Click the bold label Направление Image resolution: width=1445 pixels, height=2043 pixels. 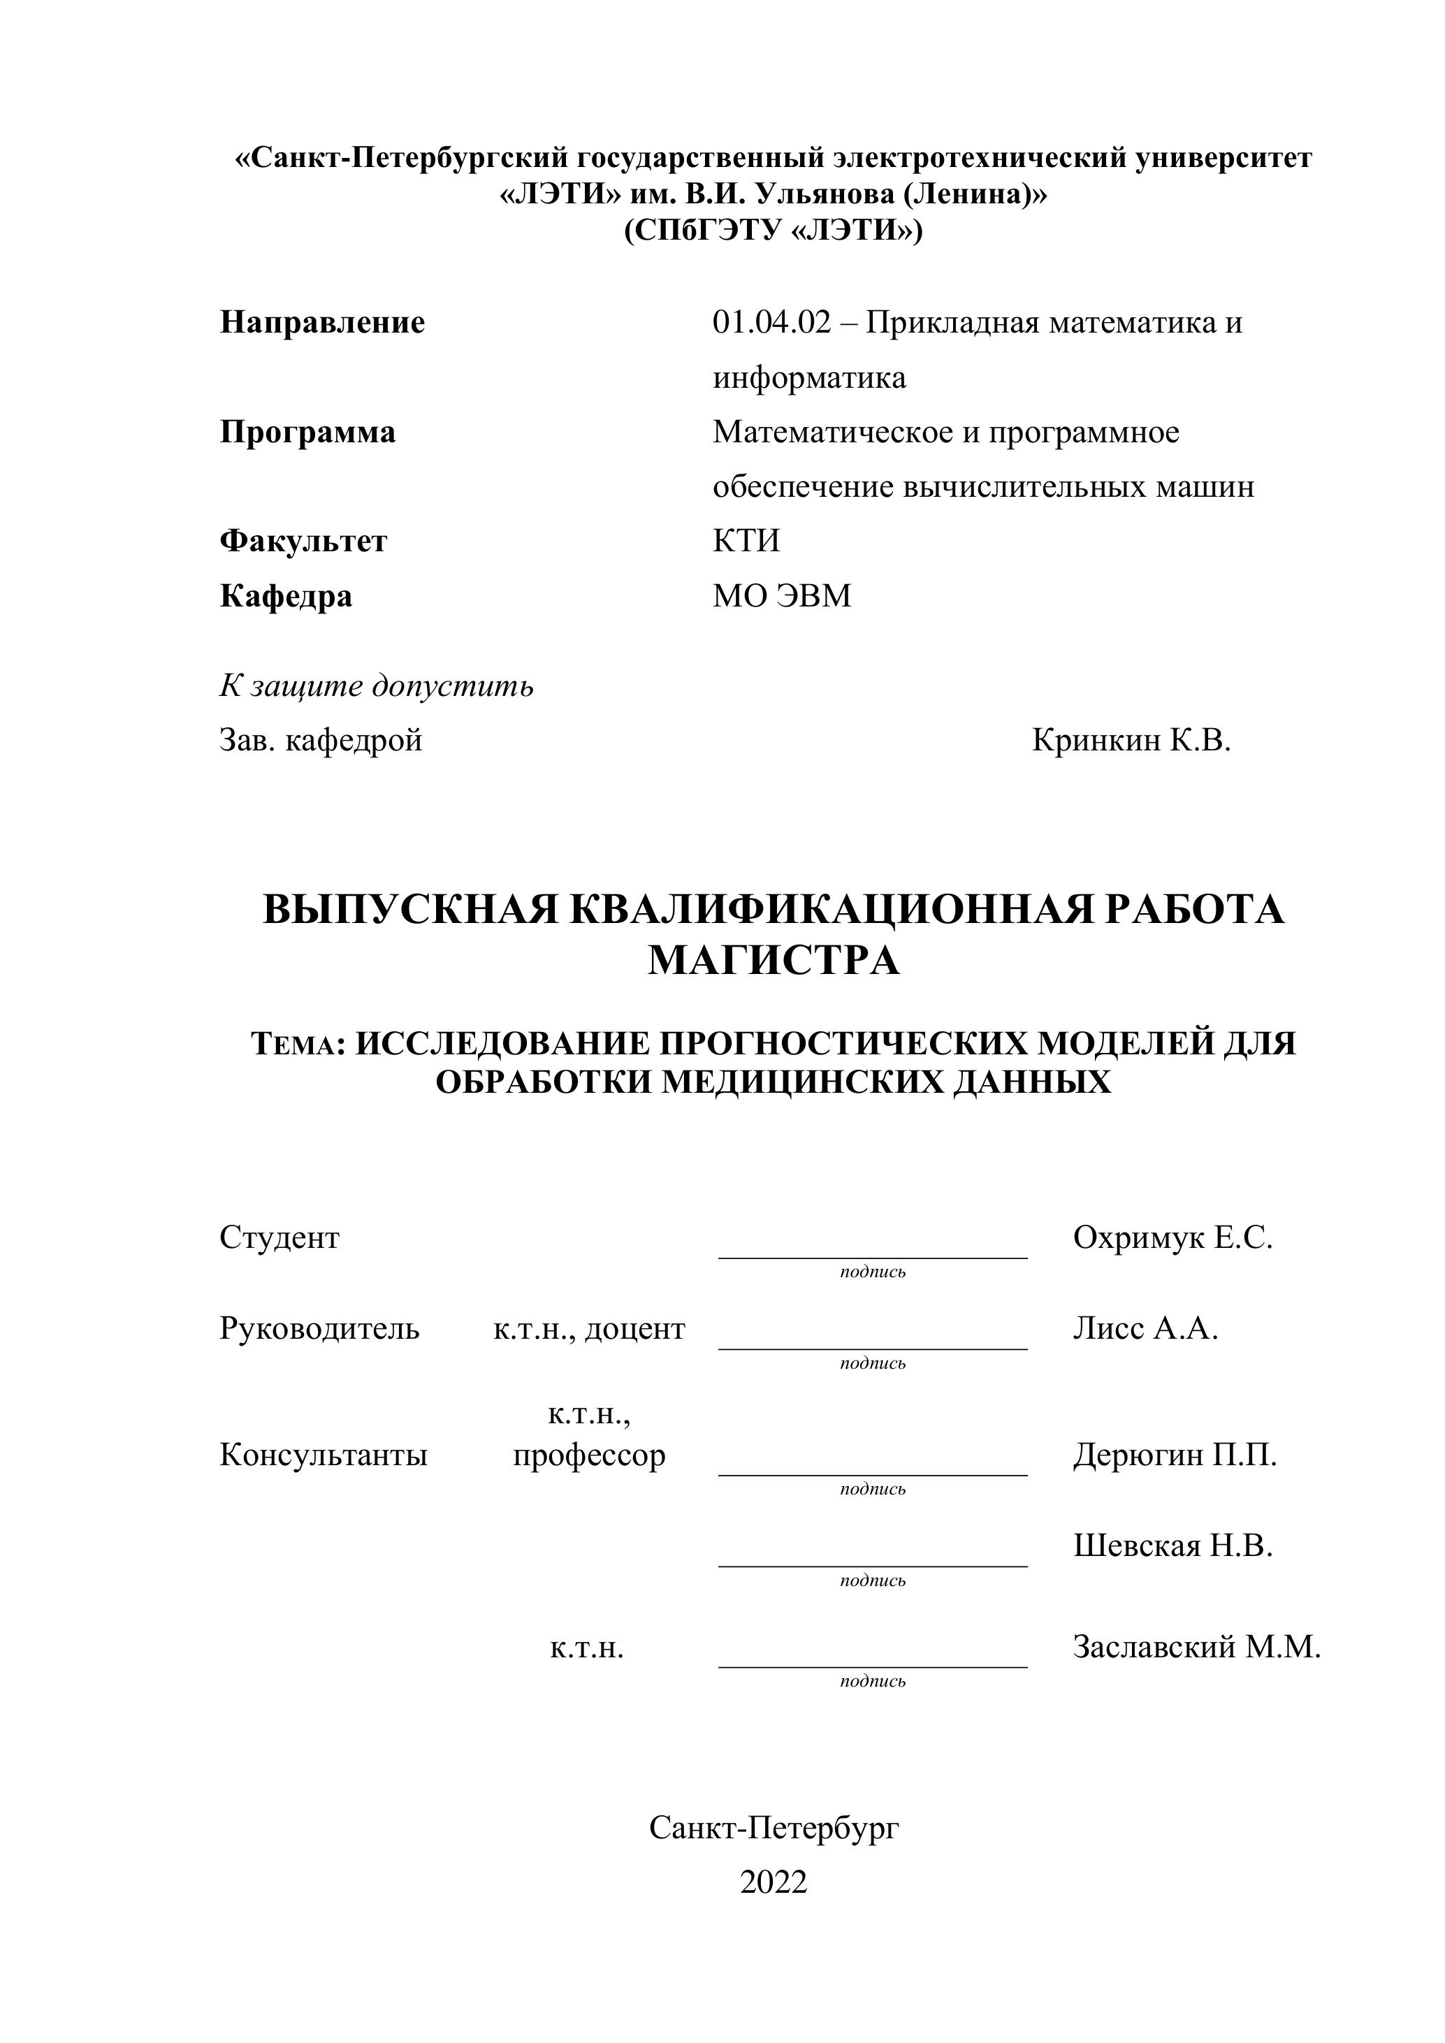coord(322,322)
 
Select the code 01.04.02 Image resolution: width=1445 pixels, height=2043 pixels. coord(771,322)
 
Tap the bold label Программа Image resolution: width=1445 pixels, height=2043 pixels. coord(307,432)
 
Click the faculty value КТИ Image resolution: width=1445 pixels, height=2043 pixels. coord(746,541)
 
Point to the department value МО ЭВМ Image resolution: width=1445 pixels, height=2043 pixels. coord(781,595)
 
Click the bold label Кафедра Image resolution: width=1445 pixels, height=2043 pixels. coord(286,595)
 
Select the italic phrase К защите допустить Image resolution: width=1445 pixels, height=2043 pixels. coord(377,686)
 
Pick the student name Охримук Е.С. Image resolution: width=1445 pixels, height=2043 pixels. coord(1172,1237)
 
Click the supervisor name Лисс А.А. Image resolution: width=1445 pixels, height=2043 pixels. coord(1145,1328)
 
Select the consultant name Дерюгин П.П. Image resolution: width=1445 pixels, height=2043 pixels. coord(1175,1455)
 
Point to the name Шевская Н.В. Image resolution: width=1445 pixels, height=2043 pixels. coord(1172,1546)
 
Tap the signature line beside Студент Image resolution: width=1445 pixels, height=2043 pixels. coord(872,1256)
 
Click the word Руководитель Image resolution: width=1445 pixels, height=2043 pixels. coord(319,1328)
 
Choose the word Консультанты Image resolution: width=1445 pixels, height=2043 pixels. coord(323,1455)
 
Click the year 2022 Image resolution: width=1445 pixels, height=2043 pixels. coord(774,1882)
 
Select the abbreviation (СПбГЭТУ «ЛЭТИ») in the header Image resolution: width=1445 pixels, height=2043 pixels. coord(774,231)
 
